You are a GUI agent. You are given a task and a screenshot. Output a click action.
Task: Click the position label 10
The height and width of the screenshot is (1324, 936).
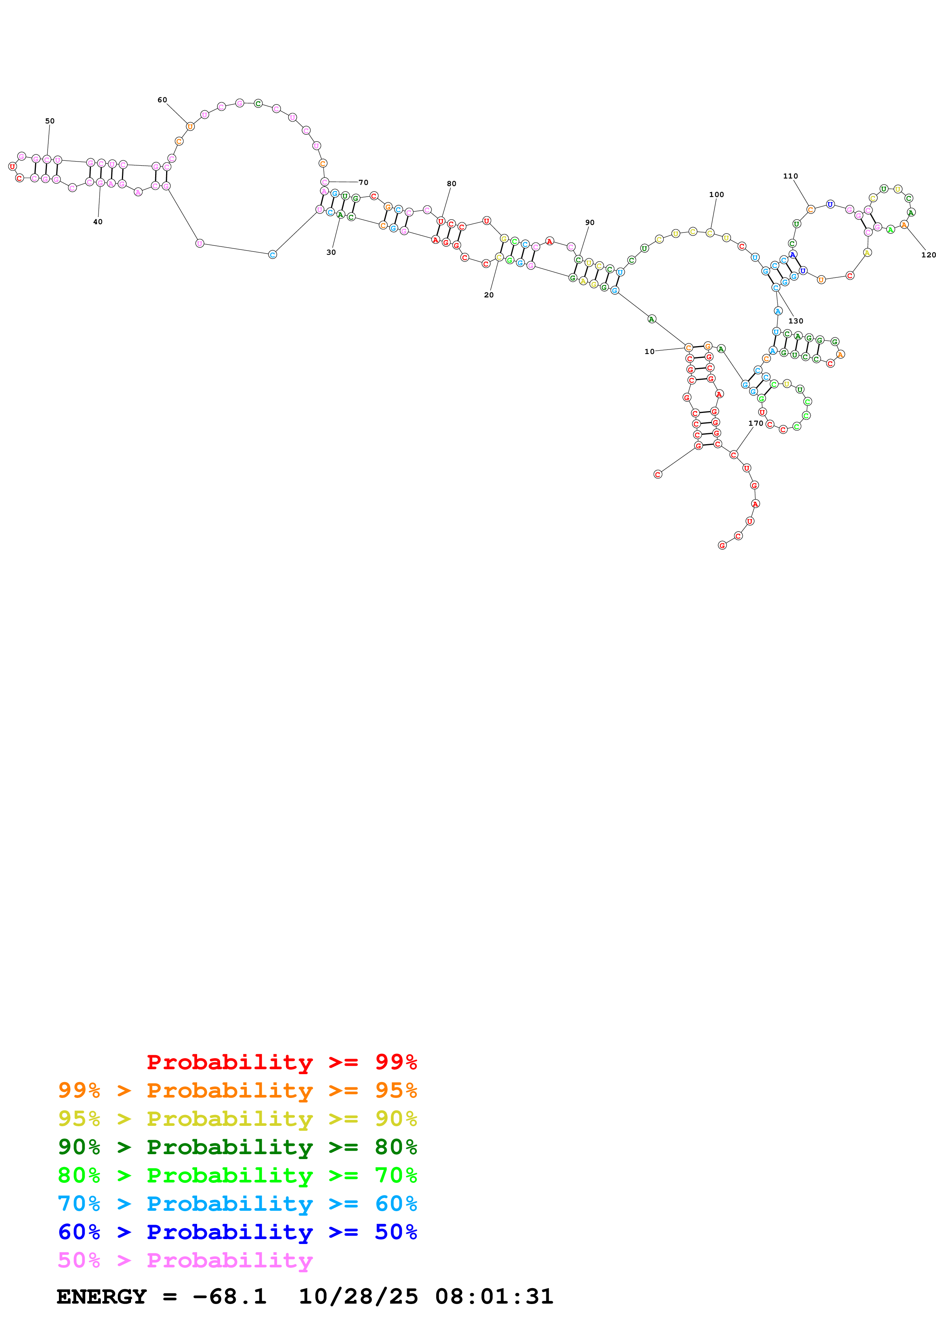[649, 352]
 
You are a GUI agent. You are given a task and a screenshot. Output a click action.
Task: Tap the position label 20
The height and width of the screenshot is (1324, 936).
[489, 295]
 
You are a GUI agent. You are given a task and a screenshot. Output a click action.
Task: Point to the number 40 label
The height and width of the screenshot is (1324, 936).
[98, 222]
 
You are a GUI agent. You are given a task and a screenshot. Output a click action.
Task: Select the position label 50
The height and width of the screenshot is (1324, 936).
[50, 121]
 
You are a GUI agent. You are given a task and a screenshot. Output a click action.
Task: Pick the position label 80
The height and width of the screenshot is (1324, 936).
[452, 184]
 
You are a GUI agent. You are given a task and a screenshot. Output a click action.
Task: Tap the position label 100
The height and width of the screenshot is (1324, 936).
[716, 195]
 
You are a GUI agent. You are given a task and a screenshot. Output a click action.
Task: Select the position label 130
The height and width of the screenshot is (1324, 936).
[795, 321]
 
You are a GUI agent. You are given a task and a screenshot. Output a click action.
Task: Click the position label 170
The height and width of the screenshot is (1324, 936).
[756, 423]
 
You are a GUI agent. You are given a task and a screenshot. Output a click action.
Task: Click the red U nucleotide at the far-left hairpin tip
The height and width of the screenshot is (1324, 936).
[12, 167]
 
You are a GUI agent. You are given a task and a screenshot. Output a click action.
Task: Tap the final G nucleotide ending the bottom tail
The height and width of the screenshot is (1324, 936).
[722, 545]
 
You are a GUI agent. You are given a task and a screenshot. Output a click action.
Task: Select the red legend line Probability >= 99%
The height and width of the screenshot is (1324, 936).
[281, 1062]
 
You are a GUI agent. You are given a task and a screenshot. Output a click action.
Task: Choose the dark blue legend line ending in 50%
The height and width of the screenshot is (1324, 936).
[237, 1232]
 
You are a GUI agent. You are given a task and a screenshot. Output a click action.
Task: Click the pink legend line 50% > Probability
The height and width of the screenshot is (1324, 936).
[185, 1261]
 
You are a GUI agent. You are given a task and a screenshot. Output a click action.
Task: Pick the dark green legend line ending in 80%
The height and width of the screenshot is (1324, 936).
[237, 1147]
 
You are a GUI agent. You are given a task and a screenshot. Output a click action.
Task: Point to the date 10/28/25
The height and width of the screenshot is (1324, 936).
[358, 1297]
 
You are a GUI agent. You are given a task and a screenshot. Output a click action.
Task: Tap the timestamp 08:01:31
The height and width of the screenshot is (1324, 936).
[494, 1297]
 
